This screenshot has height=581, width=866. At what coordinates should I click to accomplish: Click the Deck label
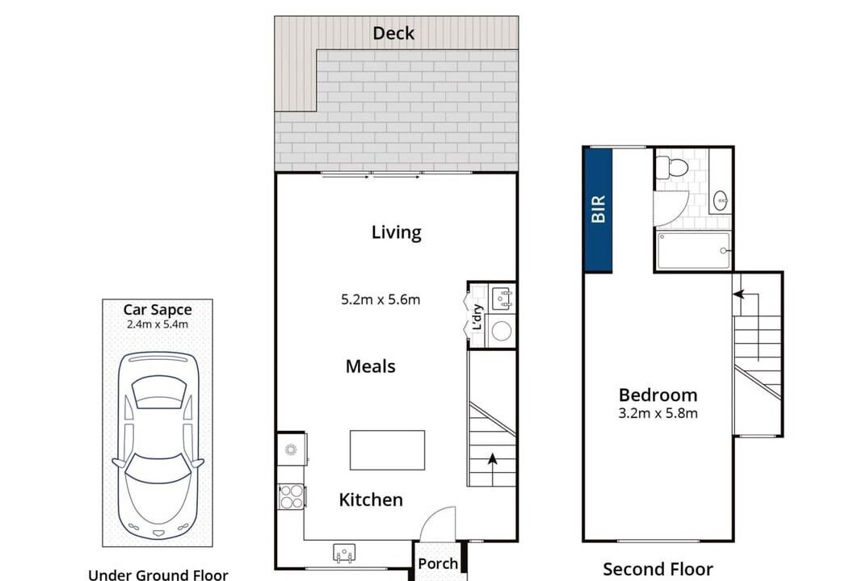[x=393, y=33]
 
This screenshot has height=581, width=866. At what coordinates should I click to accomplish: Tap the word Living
[x=396, y=232]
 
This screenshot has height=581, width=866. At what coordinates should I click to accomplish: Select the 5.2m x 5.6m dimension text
[x=380, y=299]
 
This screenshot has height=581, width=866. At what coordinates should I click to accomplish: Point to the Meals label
[x=370, y=366]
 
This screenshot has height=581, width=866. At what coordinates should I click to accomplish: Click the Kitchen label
[x=371, y=499]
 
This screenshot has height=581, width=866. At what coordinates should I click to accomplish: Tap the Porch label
[x=438, y=564]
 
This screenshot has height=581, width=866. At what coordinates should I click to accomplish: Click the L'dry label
[x=477, y=316]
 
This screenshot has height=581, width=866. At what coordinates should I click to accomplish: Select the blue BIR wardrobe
[x=598, y=210]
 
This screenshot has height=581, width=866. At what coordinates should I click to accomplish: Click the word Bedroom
[x=658, y=395]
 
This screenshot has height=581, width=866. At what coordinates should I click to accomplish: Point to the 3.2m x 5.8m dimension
[x=658, y=413]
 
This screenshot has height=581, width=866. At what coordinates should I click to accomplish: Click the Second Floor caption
[x=658, y=569]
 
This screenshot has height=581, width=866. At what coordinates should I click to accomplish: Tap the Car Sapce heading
[x=158, y=310]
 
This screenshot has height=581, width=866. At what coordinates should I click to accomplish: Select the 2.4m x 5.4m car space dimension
[x=158, y=324]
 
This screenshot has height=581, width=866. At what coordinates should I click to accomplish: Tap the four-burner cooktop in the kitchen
[x=291, y=496]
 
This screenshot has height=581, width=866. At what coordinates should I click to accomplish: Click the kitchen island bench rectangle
[x=387, y=450]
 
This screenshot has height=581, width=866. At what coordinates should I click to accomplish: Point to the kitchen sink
[x=344, y=553]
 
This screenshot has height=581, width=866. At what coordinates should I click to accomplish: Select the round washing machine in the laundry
[x=502, y=331]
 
